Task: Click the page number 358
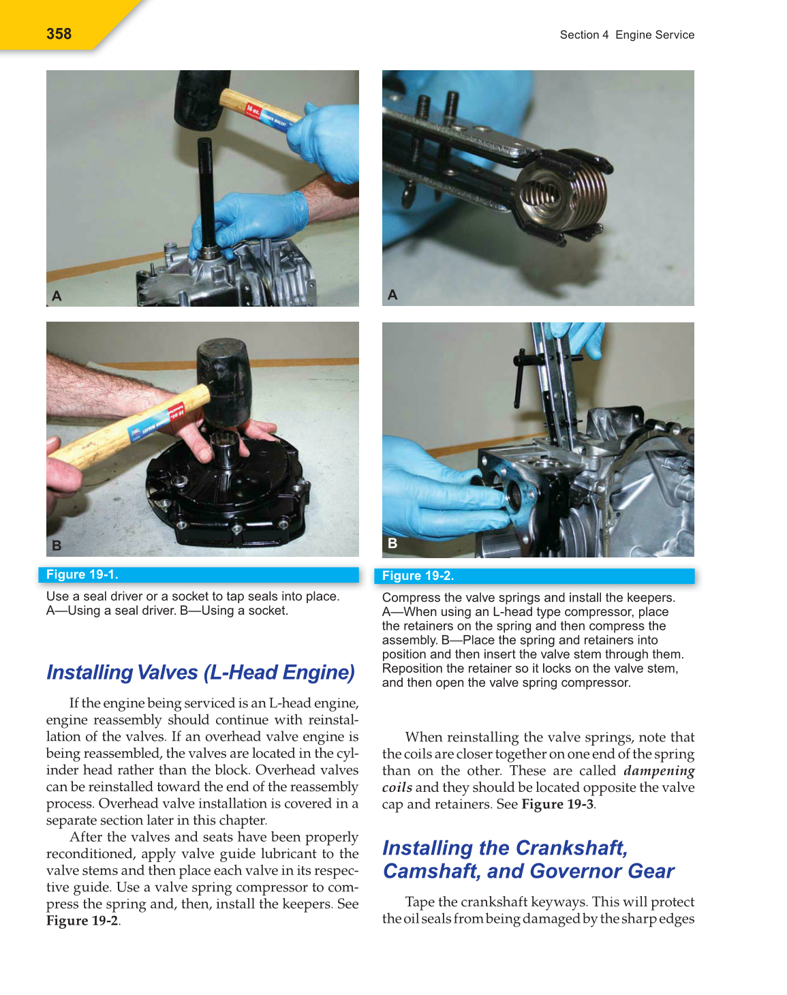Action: [x=59, y=33]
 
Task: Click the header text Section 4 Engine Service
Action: [x=627, y=35]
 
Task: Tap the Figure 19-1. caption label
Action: [x=82, y=575]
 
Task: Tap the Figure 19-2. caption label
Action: [x=418, y=576]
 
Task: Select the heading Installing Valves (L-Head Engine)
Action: [x=200, y=672]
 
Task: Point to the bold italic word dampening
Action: [x=658, y=771]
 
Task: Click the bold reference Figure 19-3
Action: [x=557, y=804]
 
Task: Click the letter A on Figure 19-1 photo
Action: [x=57, y=296]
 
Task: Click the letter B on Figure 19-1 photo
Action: [x=57, y=545]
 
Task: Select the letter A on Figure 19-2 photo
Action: [x=392, y=294]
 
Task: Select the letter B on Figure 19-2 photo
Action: [x=392, y=543]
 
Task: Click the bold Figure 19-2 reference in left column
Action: [x=82, y=921]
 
